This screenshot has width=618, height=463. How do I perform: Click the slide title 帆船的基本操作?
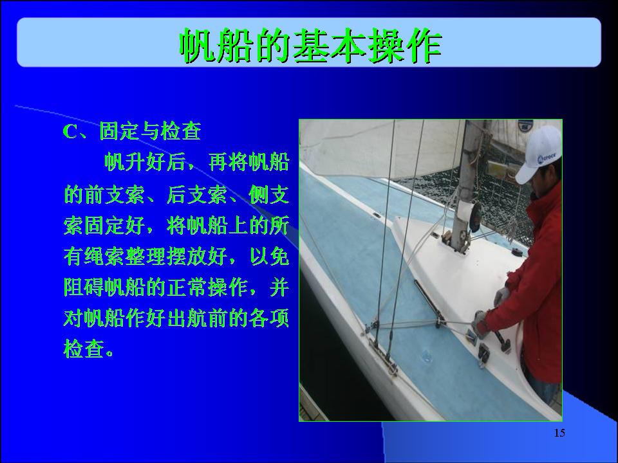pos(310,46)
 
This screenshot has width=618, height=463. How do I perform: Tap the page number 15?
pos(559,433)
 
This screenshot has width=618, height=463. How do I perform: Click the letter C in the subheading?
pos(70,132)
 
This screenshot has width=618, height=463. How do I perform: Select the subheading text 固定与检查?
pos(150,131)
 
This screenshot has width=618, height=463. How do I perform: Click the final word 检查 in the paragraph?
pos(84,349)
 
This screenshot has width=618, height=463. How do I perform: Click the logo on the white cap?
pos(547,158)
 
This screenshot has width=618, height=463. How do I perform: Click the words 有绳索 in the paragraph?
pos(94,257)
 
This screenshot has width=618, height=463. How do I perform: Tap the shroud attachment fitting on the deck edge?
pos(382,356)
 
